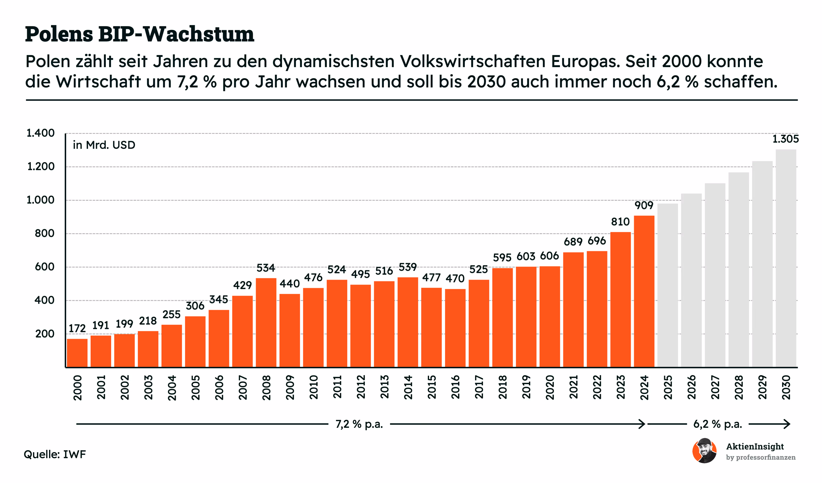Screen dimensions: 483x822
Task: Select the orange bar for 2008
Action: point(266,323)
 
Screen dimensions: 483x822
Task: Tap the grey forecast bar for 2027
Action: point(715,275)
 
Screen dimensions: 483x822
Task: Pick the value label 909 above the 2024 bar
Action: point(644,205)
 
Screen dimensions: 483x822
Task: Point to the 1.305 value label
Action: point(785,139)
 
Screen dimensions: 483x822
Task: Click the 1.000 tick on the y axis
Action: point(40,200)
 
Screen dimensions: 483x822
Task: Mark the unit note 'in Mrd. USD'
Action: point(104,145)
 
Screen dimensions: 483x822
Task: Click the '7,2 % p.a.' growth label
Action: point(359,424)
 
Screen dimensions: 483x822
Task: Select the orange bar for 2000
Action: point(77,353)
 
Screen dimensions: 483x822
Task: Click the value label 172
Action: point(77,328)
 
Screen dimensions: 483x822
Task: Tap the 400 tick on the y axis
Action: point(44,300)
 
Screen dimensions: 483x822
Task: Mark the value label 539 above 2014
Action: point(408,267)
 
